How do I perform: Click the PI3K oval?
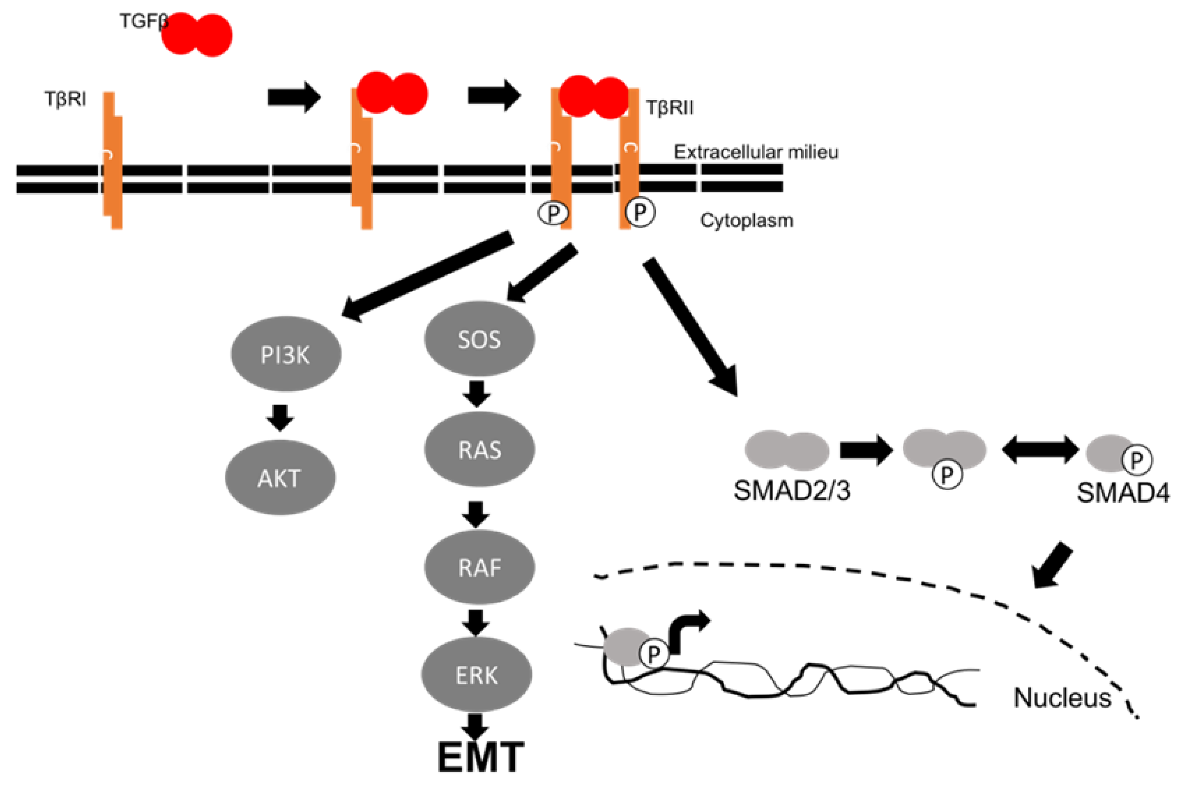click(286, 354)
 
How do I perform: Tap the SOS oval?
click(479, 339)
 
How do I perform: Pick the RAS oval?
click(479, 449)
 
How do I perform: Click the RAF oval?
click(479, 567)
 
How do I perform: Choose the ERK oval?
click(476, 675)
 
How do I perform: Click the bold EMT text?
click(480, 757)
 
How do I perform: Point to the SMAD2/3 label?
click(792, 491)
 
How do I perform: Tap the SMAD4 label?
click(1123, 493)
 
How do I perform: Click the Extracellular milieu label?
click(756, 152)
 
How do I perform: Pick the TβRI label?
click(65, 99)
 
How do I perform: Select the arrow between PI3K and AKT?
click(280, 417)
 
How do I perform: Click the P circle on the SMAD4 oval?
click(1136, 460)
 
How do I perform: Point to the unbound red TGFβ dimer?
click(196, 34)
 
